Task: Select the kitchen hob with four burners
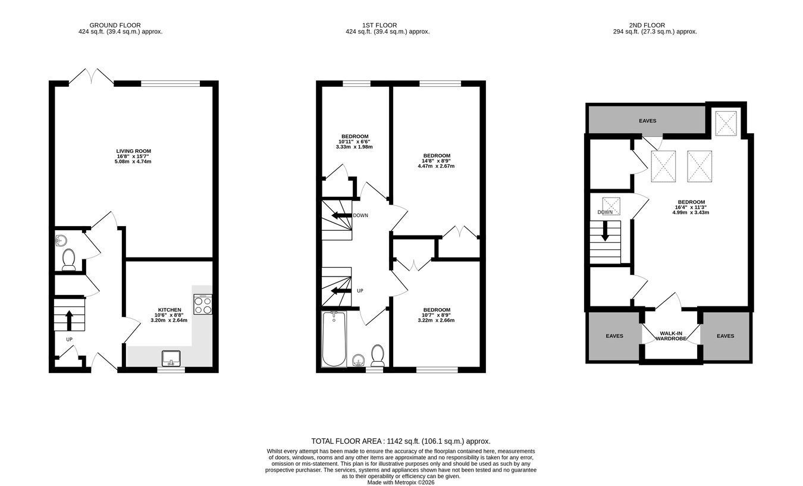tap(203, 305)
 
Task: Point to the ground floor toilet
tap(68, 259)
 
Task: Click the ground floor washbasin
tap(60, 240)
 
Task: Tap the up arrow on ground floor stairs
tap(69, 321)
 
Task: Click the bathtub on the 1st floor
tap(334, 339)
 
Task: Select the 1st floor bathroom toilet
tap(377, 355)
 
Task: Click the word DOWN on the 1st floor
tap(360, 215)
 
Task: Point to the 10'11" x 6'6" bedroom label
tap(355, 142)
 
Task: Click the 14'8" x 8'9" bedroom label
tap(436, 161)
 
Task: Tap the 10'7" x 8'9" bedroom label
tap(436, 315)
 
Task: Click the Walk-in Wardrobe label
tap(671, 336)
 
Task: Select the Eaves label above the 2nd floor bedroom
tap(647, 121)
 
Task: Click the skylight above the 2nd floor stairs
tap(611, 206)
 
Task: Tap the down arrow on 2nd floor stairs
tap(605, 231)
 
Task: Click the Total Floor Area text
tap(401, 441)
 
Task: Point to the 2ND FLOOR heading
tap(647, 25)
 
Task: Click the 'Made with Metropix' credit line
tap(401, 482)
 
